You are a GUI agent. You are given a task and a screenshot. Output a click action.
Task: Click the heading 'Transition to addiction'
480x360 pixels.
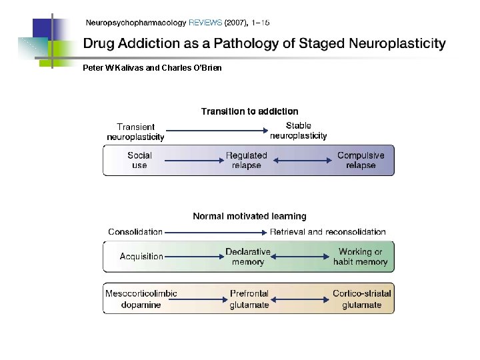click(249, 111)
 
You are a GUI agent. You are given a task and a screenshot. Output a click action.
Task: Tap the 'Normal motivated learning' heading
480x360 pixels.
click(249, 216)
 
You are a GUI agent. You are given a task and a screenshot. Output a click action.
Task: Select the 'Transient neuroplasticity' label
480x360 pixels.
click(135, 132)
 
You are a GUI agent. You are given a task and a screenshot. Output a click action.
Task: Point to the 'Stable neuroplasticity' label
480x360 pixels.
click(298, 131)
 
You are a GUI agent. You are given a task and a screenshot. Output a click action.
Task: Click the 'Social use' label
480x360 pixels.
click(139, 160)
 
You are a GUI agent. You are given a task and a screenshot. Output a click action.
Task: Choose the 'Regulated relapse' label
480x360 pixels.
click(246, 160)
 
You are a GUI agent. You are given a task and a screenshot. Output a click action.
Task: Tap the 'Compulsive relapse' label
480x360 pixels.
click(361, 160)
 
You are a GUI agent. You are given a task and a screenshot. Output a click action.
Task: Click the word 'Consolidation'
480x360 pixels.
click(135, 232)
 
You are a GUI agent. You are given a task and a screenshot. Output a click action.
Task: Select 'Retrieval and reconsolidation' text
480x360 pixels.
click(327, 232)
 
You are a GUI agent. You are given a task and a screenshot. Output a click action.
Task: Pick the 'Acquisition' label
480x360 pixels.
click(141, 257)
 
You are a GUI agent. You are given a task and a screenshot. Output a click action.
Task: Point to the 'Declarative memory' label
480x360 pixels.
click(248, 257)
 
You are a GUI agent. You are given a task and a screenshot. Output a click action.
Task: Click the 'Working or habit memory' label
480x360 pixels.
click(360, 257)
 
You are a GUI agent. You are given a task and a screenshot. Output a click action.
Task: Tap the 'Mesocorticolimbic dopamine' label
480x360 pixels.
click(141, 299)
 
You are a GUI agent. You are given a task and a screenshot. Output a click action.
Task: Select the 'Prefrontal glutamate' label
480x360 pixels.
click(249, 299)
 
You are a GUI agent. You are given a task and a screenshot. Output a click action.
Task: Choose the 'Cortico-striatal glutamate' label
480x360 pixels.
click(362, 299)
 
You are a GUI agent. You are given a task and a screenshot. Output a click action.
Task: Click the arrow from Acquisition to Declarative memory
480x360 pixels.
click(193, 257)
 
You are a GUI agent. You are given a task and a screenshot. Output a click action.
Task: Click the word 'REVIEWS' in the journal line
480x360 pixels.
click(205, 23)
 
